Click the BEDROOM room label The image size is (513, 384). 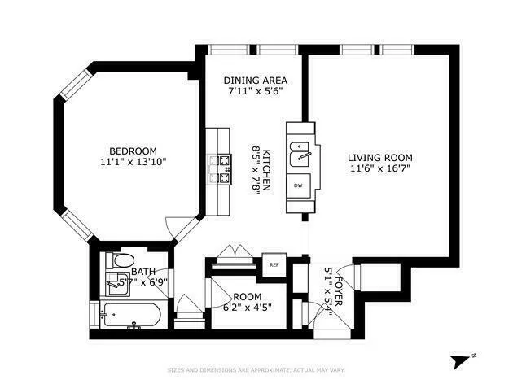(134, 151)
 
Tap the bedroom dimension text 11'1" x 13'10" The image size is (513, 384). (134, 161)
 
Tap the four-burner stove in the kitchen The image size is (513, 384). (221, 170)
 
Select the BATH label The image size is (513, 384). (143, 272)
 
